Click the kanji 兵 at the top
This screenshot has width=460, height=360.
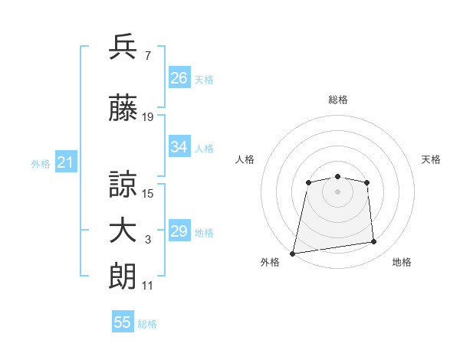[x=123, y=46]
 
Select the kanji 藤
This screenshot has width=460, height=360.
[x=123, y=107]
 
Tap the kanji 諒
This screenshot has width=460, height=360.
[x=123, y=184]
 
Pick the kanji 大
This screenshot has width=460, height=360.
[x=123, y=231]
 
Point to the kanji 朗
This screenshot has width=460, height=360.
[x=123, y=277]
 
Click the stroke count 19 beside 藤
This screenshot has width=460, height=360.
[x=147, y=117]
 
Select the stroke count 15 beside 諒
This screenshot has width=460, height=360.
[x=147, y=194]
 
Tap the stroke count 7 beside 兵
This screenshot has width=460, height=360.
[x=148, y=55]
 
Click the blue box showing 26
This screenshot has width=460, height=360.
[x=179, y=77]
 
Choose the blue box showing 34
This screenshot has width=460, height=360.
[x=179, y=146]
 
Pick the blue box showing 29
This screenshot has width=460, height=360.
[x=179, y=230]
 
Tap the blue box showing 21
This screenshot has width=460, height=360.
[x=66, y=162]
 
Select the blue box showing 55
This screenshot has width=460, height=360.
[x=123, y=321]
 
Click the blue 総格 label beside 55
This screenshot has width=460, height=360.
[x=147, y=324]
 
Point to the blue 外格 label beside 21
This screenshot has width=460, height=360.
[x=41, y=164]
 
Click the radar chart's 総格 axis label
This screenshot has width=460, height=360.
[x=338, y=100]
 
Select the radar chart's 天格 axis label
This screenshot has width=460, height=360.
[x=431, y=159]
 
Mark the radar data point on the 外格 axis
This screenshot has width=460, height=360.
[x=293, y=254]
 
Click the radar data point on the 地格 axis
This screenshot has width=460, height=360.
[x=374, y=241]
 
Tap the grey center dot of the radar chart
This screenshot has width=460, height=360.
[x=337, y=191]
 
